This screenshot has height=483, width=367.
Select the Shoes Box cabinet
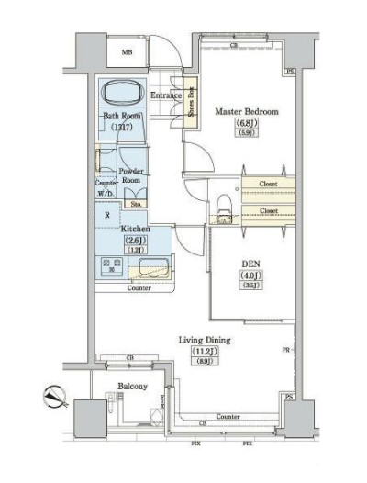pos(191,106)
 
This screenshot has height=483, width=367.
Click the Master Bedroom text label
pos(246,111)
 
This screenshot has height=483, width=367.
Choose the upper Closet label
pos(269,185)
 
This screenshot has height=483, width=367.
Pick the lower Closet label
pos(269,211)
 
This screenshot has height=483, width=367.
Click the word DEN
pos(250,263)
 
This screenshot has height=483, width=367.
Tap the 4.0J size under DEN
pos(250,275)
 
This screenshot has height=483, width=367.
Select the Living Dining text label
pos(204,341)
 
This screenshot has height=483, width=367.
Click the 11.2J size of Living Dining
pos(204,352)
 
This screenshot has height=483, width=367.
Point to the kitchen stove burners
pos(112,267)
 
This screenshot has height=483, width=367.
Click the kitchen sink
pos(151,268)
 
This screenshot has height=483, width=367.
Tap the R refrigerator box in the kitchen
pos(109,215)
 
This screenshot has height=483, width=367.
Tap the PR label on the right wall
pos(286,350)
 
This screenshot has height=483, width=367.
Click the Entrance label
pos(165,95)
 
